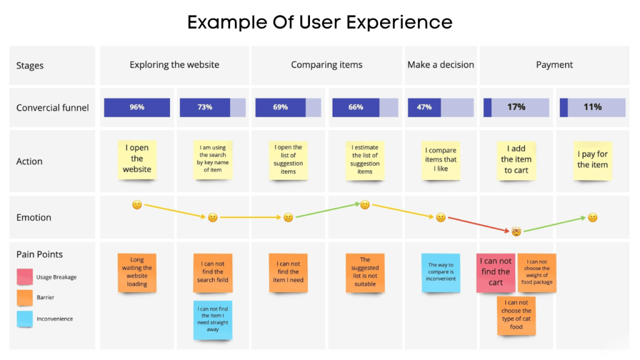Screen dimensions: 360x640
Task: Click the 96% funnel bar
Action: click(137, 107)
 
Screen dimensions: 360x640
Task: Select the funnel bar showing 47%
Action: click(441, 107)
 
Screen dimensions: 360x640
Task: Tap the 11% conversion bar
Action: click(592, 107)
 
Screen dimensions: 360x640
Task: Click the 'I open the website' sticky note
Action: click(137, 159)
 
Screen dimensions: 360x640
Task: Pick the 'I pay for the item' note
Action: click(592, 160)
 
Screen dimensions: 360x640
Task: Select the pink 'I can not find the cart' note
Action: click(496, 272)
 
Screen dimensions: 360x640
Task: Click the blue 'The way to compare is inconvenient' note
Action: click(441, 272)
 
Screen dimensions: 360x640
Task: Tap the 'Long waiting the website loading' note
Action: click(137, 272)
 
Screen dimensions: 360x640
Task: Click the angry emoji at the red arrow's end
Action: click(516, 232)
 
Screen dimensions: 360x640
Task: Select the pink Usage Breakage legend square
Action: click(25, 277)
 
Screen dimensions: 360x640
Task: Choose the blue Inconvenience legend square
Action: click(25, 319)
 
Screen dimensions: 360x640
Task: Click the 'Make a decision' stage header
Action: click(441, 65)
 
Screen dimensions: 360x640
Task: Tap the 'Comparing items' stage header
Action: click(326, 65)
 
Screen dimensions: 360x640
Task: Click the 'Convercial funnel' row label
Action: click(52, 107)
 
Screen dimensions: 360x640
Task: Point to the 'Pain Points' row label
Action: click(39, 254)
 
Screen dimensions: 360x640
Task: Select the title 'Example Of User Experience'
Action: click(320, 22)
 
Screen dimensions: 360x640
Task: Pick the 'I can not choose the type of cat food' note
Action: click(516, 314)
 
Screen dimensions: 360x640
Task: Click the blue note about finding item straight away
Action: click(212, 319)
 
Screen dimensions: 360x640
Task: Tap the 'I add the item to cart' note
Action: click(516, 159)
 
